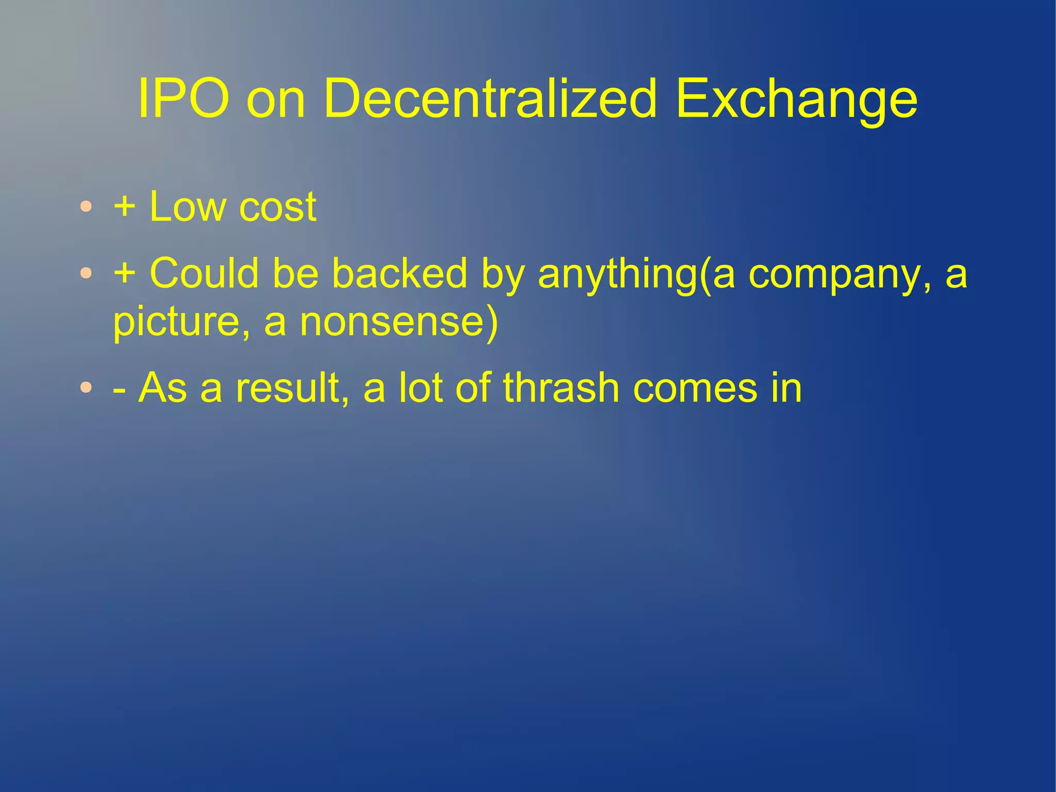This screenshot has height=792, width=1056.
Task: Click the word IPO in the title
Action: coord(184,99)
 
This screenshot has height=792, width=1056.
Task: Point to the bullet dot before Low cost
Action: coord(87,207)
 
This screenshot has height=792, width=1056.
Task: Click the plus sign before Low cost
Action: coord(125,207)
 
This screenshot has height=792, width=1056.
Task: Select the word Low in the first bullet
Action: coord(188,207)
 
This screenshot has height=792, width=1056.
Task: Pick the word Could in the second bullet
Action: coord(204,273)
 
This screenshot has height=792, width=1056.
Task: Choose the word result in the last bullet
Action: coord(288,387)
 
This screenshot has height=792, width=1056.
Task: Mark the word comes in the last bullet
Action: coord(696,389)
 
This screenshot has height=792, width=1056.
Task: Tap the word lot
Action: coord(420,387)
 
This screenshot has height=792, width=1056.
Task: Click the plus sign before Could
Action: coord(125,273)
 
